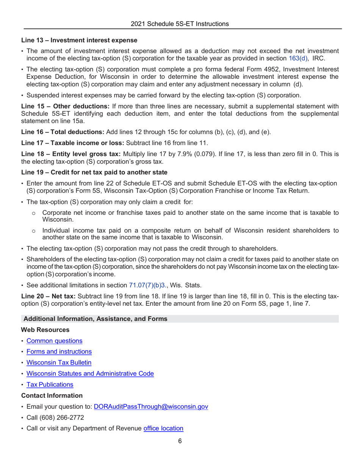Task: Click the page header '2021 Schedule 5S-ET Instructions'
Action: click(180, 23)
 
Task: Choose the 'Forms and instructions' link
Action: click(58, 351)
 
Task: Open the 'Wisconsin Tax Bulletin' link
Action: click(58, 362)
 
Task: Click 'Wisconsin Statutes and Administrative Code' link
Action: click(90, 374)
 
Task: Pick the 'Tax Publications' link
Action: click(50, 385)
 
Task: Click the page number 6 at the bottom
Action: click(180, 441)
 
